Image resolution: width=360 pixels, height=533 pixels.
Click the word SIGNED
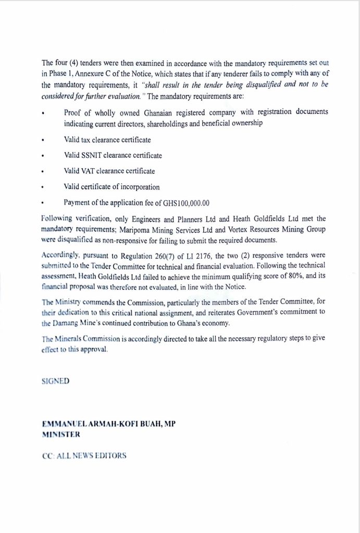pyautogui.click(x=55, y=381)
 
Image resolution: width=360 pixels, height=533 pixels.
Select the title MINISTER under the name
pyautogui.click(x=61, y=434)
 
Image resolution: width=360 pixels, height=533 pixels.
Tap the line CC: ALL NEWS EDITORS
pyautogui.click(x=84, y=455)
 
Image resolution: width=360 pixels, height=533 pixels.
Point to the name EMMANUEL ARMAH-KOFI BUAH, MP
pyautogui.click(x=108, y=424)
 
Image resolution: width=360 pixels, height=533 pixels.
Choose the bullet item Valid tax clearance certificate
pyautogui.click(x=108, y=139)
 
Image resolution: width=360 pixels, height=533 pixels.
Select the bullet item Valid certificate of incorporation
pyautogui.click(x=111, y=187)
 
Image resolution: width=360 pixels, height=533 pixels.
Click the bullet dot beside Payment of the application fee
pyautogui.click(x=44, y=202)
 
